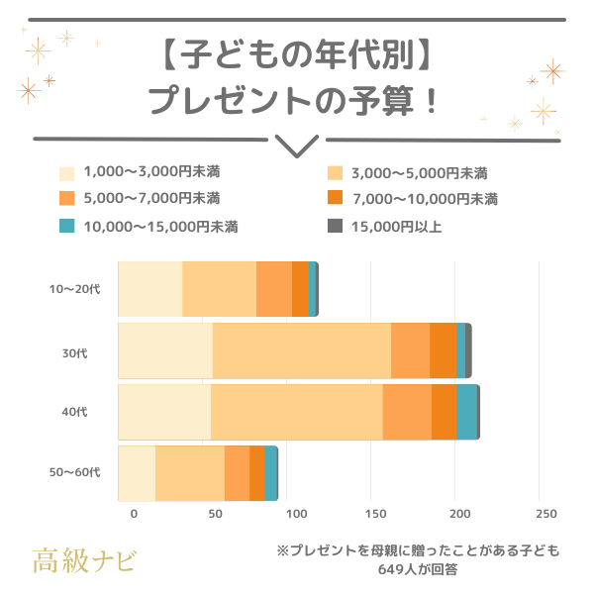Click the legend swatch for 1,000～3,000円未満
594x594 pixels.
pyautogui.click(x=67, y=172)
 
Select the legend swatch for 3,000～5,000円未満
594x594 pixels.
pyautogui.click(x=335, y=172)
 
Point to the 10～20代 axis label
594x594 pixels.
pyautogui.click(x=75, y=289)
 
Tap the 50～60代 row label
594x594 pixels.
pyautogui.click(x=75, y=473)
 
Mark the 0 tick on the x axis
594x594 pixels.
pyautogui.click(x=134, y=514)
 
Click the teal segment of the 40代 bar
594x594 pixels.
pyautogui.click(x=466, y=412)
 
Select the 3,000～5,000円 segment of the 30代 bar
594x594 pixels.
pyautogui.click(x=301, y=350)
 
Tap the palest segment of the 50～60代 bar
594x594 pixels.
pyautogui.click(x=137, y=473)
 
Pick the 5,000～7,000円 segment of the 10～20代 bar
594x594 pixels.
pyautogui.click(x=274, y=289)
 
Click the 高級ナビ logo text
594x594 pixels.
pyautogui.click(x=84, y=559)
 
